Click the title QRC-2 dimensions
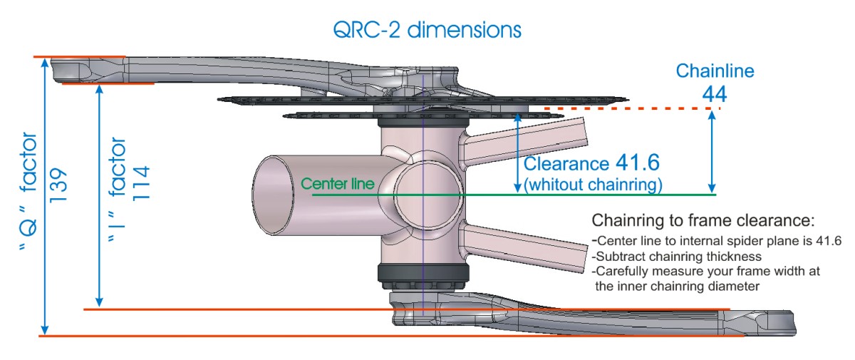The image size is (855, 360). [427, 29]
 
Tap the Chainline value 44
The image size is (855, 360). [715, 93]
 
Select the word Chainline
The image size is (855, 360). [715, 71]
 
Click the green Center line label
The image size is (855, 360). [338, 183]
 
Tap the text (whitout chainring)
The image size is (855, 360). [593, 184]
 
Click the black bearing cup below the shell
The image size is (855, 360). [423, 274]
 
